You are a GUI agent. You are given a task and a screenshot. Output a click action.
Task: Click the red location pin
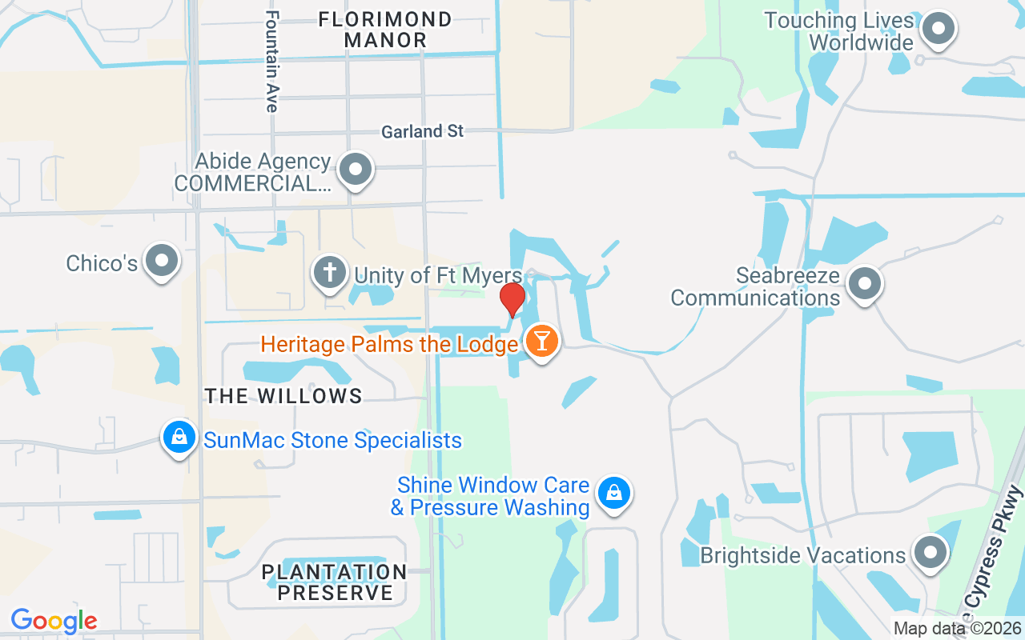pos(512,299)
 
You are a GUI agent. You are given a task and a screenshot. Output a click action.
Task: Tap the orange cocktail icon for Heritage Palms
pos(542,341)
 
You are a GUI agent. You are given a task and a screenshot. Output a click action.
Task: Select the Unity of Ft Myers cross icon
pos(329,273)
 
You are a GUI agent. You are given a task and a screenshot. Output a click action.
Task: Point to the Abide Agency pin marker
pos(356,170)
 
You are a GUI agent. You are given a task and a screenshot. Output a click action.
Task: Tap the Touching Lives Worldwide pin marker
pos(938,30)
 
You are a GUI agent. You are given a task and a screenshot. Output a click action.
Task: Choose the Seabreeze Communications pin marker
pos(863,284)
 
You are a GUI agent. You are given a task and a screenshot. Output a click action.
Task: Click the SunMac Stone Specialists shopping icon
pos(179,438)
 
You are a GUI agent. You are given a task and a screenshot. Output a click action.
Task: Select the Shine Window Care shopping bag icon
pos(613,493)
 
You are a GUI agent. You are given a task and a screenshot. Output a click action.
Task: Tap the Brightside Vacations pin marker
pos(930,553)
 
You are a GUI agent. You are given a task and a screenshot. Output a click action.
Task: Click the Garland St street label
pos(422,131)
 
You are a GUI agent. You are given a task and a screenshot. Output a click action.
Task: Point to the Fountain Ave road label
pos(272,62)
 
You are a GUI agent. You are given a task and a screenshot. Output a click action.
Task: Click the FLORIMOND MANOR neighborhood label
pos(385,29)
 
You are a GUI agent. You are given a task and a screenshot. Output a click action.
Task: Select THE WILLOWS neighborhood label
pos(283,396)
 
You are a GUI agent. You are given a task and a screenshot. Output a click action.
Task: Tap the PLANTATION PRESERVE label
pos(335,582)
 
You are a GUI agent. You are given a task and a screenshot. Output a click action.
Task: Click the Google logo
pos(54,621)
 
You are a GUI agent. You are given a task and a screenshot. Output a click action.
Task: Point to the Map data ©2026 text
pos(956,629)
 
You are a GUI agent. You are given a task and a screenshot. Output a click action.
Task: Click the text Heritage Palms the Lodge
pos(389,345)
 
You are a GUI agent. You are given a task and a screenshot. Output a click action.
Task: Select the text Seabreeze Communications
pos(755,287)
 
